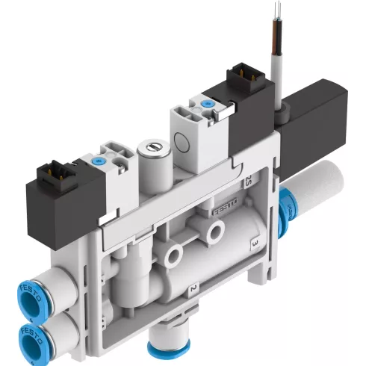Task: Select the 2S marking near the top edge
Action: (247, 181)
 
